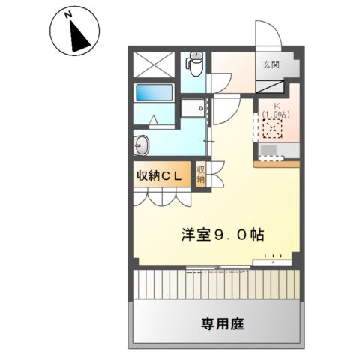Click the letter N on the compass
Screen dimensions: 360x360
point(67,14)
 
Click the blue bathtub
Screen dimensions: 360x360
point(154,94)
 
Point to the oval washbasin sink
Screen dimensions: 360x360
point(142,145)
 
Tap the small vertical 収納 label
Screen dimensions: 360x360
point(201,175)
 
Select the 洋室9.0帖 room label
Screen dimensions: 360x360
point(222,234)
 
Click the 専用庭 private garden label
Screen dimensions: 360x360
point(222,324)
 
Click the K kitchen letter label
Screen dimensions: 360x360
point(276,106)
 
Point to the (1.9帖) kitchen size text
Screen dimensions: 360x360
point(276,115)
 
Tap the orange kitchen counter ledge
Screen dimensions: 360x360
point(277,163)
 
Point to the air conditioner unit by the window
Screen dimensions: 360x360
point(274,262)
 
